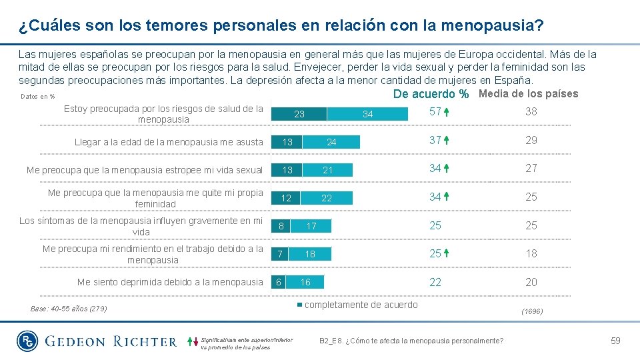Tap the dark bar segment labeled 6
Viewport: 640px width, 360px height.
click(277, 282)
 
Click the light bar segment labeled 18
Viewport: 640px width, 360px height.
click(310, 254)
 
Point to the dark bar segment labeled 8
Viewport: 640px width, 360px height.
click(281, 226)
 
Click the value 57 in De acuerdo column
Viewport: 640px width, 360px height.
click(435, 112)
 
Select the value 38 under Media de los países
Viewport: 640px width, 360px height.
click(531, 112)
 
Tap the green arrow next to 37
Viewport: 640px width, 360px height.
click(446, 141)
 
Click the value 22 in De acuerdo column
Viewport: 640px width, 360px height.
click(435, 283)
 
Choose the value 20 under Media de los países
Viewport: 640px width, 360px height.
click(531, 283)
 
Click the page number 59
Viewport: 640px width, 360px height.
click(615, 341)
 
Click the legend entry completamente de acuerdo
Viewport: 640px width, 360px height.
click(361, 305)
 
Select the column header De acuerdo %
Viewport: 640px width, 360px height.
click(431, 94)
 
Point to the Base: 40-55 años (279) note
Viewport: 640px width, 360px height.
click(69, 309)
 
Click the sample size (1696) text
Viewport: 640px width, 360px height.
click(531, 311)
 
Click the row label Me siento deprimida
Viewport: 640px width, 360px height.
click(170, 282)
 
